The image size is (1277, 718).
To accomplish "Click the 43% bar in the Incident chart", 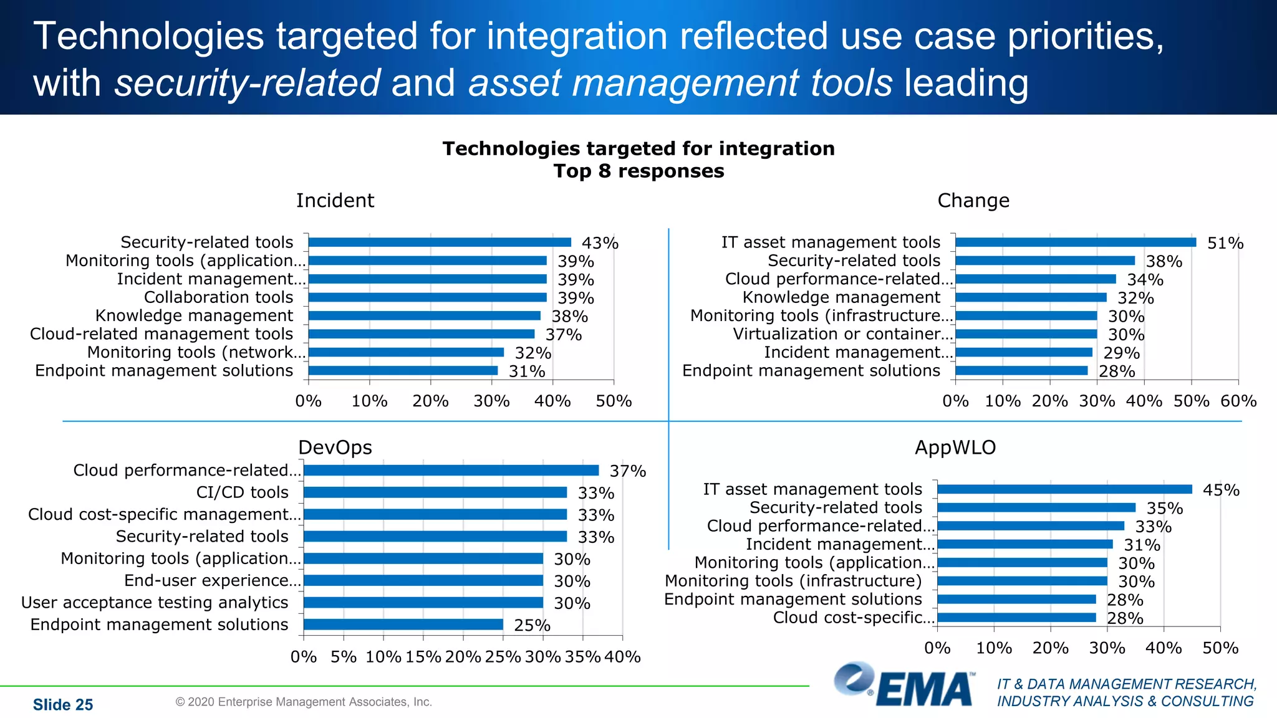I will point(440,242).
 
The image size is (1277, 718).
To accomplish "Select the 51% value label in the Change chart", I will point(1225,243).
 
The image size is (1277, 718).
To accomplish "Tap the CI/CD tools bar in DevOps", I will point(435,492).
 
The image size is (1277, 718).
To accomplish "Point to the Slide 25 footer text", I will point(63,704).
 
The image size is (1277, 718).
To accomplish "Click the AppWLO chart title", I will point(955,448).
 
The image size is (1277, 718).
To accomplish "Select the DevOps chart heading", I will point(335,448).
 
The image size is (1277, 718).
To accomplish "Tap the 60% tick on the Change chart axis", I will point(1238,401).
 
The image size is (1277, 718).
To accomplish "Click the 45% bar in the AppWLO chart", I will point(1064,490).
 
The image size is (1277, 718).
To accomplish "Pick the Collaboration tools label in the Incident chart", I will point(218,297).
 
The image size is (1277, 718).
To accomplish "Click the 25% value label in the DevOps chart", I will point(532,625).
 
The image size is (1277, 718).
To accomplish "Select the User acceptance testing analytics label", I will point(155,603).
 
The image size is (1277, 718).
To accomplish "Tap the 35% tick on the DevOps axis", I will point(582,657).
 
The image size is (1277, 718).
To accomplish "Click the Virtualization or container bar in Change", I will point(1026,334).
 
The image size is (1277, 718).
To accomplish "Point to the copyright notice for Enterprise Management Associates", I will point(304,702).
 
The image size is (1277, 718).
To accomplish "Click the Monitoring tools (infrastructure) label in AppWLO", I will point(793,581).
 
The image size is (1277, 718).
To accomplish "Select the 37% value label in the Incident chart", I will point(563,335).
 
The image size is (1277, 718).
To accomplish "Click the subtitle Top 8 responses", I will point(638,171).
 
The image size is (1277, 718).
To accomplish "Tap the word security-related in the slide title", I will point(248,83).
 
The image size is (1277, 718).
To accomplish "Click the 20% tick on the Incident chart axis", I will point(430,401).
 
